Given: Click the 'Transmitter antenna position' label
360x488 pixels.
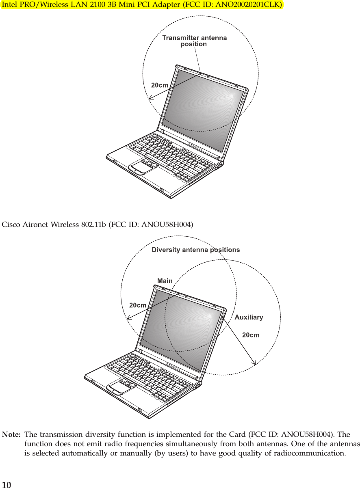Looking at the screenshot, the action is pos(194,41).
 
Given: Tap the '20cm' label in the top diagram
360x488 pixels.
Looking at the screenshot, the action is pos(160,85).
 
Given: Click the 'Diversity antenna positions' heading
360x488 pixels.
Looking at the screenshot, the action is pos(195,250).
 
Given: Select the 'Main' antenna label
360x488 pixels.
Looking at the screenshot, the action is pos(165,281).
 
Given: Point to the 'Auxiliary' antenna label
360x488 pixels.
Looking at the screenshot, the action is pos(249,317).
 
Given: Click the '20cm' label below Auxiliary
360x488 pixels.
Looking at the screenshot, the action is pos(251,335).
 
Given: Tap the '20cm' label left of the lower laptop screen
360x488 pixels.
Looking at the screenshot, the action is pos(138,305).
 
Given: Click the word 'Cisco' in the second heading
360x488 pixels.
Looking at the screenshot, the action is pos(11,225).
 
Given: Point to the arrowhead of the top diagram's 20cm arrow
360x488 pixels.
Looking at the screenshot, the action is pos(150,98).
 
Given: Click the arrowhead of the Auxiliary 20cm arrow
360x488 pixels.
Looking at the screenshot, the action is pos(254,363).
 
